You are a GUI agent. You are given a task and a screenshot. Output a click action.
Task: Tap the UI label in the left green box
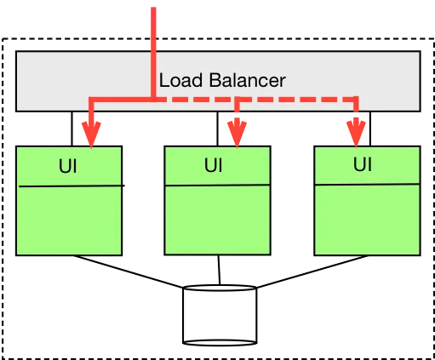(68, 166)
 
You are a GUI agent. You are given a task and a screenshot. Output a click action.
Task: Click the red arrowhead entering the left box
(91, 134)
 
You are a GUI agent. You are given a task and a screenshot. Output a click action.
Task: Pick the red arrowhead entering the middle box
(236, 132)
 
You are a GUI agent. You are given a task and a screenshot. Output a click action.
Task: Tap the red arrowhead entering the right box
(357, 132)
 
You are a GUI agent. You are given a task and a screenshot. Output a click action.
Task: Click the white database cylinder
(220, 319)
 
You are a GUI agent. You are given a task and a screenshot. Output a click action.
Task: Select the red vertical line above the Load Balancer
(153, 30)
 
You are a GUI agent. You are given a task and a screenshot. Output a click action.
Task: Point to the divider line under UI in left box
(68, 186)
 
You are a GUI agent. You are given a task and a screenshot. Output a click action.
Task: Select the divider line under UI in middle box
(217, 184)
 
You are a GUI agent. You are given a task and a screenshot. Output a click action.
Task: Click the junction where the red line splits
(153, 100)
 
